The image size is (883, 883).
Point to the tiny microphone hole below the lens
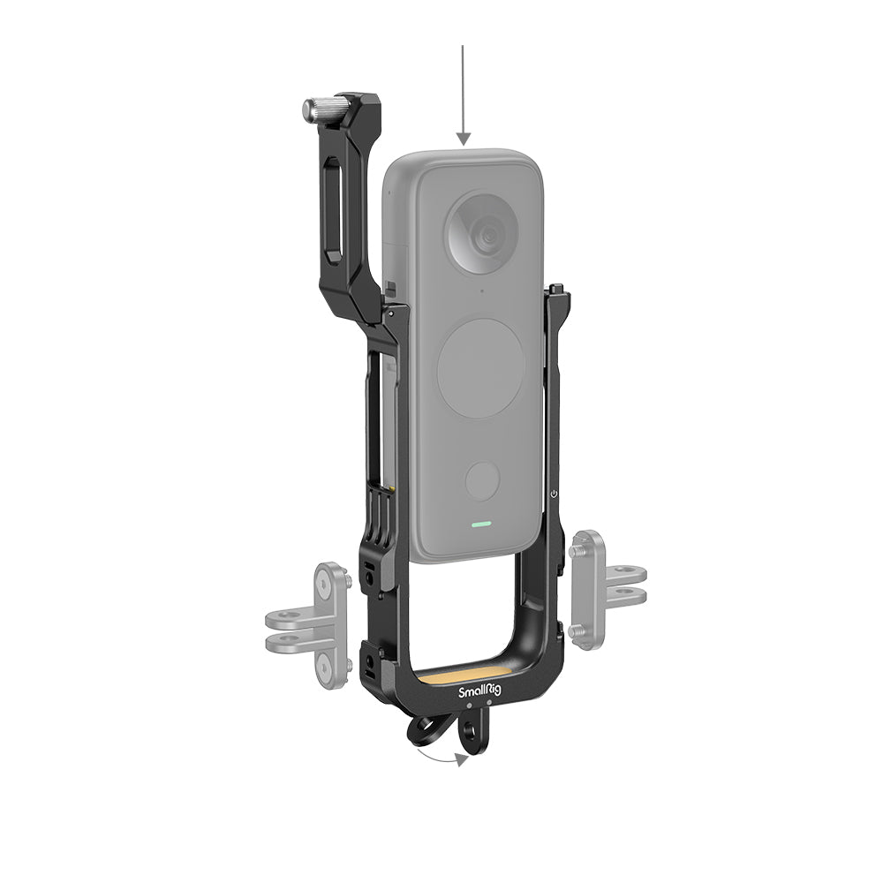pyautogui.click(x=481, y=291)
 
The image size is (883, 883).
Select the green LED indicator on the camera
pyautogui.click(x=481, y=523)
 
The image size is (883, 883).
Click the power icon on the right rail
pyautogui.click(x=554, y=494)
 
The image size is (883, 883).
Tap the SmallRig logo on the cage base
pyautogui.click(x=477, y=693)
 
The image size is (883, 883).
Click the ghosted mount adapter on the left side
pyautogui.click(x=309, y=623)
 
